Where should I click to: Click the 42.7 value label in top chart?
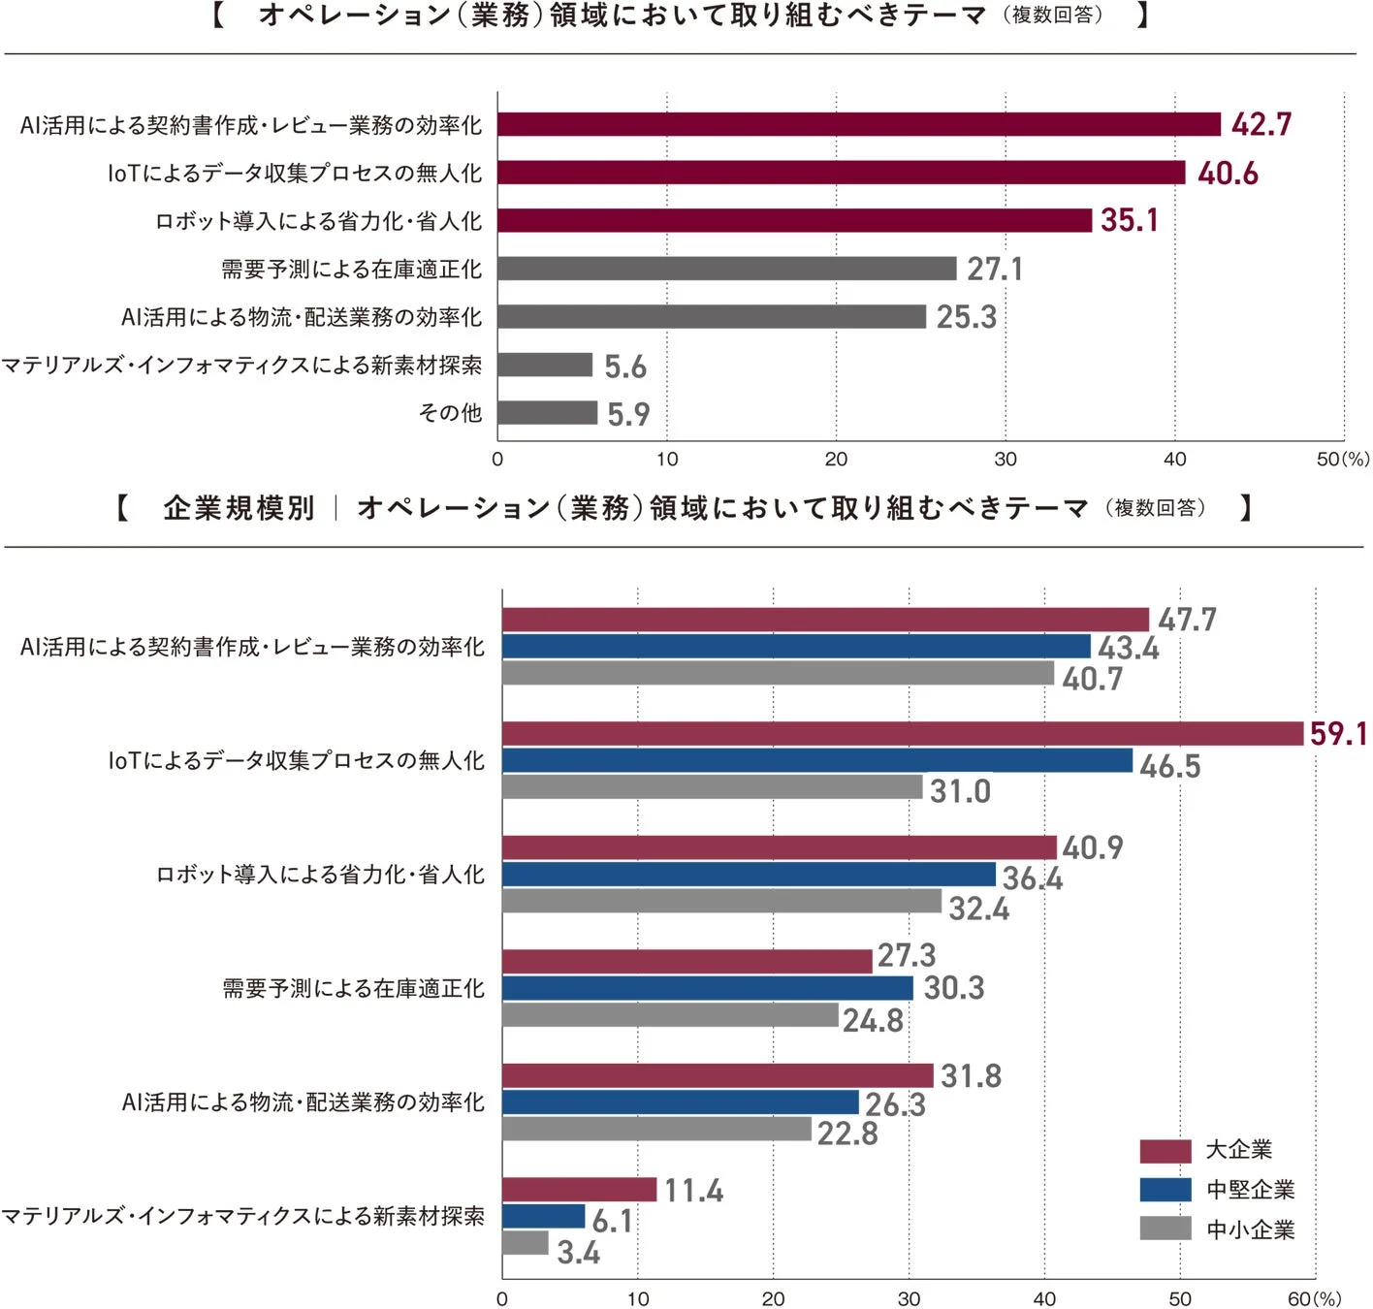pos(1261,125)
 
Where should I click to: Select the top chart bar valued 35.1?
pos(795,220)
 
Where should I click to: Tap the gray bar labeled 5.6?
pos(545,365)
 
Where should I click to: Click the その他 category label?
pos(450,413)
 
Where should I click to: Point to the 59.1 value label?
pos(1338,734)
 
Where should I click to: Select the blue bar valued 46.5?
pos(816,761)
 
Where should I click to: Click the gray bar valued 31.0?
pos(712,787)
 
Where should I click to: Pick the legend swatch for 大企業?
pos(1165,1151)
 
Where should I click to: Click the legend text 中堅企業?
pos(1250,1190)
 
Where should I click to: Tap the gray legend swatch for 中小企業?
pos(1165,1229)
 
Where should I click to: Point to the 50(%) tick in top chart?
pos(1342,460)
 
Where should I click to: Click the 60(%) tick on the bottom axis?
pos(1313,1299)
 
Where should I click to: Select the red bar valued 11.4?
pos(579,1190)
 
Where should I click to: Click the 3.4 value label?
pos(578,1253)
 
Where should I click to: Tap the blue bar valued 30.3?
pos(707,988)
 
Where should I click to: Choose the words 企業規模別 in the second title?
pos(239,508)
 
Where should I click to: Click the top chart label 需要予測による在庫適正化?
pos(351,269)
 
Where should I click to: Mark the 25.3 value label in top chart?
pos(966,317)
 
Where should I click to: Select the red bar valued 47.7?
pos(824,620)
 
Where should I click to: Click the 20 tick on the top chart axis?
pos(836,460)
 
